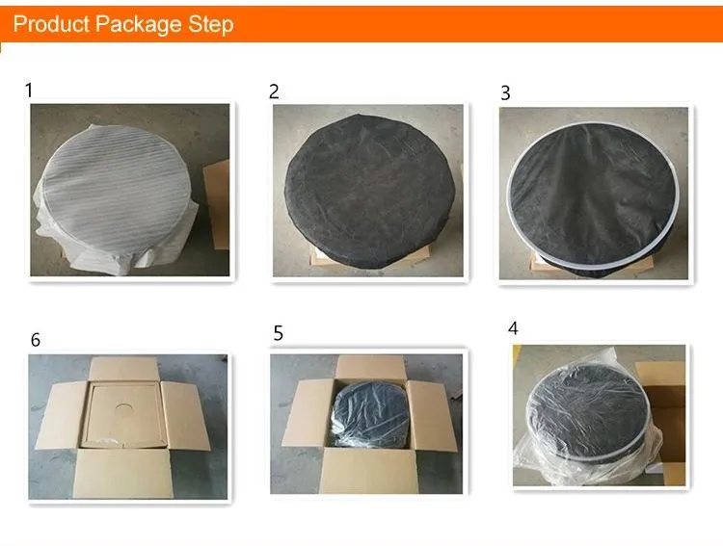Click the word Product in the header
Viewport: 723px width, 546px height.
click(x=51, y=23)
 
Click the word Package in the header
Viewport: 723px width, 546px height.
click(x=138, y=25)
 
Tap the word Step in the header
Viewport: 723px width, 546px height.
click(x=211, y=25)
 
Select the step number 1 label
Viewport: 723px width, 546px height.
click(x=29, y=91)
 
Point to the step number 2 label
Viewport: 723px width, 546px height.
click(x=274, y=91)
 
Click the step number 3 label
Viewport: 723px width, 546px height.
click(x=505, y=93)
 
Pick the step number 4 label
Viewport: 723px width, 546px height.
click(x=513, y=328)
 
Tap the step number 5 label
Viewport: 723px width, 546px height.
click(x=278, y=333)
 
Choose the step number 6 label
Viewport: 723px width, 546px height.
click(x=36, y=340)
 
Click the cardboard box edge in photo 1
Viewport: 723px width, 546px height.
click(x=217, y=205)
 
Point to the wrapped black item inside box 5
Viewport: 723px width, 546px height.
click(x=370, y=414)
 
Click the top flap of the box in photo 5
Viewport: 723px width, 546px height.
click(x=371, y=367)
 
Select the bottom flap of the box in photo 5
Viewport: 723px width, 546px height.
click(x=368, y=471)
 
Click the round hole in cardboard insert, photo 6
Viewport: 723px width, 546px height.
click(x=123, y=408)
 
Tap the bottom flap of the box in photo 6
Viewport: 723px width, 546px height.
click(x=123, y=474)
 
